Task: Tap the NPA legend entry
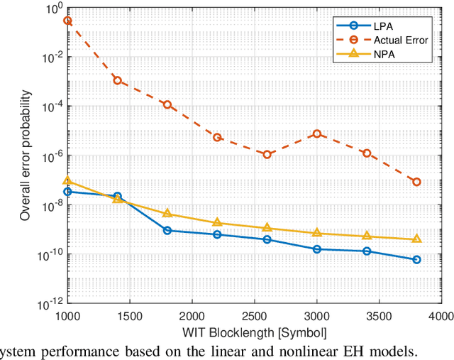coord(397,53)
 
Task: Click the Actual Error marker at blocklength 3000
coord(317,133)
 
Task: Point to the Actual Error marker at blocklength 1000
coord(67,21)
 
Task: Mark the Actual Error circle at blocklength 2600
coord(267,154)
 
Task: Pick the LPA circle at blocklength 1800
coord(167,230)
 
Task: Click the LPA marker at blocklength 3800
coord(417,260)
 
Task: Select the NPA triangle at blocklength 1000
coord(67,180)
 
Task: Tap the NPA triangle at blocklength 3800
coord(417,239)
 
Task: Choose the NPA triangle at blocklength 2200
coord(217,222)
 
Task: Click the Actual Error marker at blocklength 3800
coord(417,182)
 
